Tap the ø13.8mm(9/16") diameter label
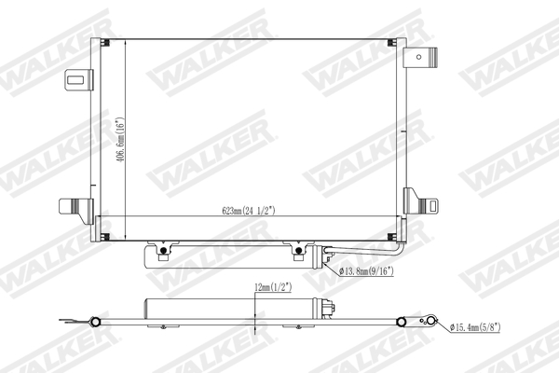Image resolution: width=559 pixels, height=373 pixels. [367, 271]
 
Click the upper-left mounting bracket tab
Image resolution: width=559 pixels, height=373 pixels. [77, 82]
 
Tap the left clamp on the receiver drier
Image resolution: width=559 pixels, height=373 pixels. [164, 250]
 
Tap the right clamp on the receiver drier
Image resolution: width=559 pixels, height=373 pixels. [299, 250]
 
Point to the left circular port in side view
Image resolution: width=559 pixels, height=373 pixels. [93, 323]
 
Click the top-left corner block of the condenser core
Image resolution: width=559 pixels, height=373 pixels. [103, 45]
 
